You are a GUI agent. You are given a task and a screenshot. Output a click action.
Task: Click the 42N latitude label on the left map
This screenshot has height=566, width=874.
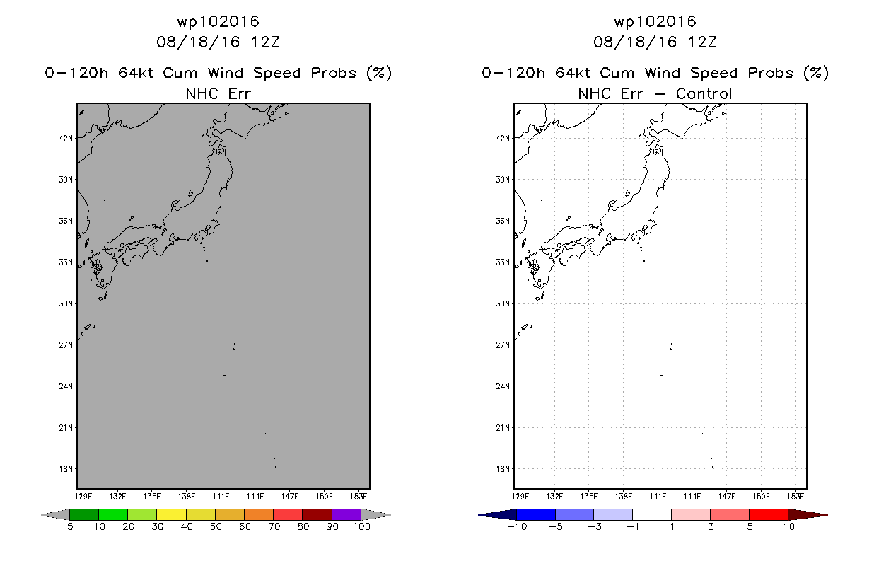66,138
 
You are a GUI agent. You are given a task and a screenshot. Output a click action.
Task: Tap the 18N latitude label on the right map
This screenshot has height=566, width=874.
503,469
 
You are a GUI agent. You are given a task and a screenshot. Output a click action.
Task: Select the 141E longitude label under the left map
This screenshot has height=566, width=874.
221,497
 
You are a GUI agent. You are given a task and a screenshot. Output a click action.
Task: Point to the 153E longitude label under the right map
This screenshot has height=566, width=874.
796,497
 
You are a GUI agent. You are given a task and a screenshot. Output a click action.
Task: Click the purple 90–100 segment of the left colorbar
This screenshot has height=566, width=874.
346,514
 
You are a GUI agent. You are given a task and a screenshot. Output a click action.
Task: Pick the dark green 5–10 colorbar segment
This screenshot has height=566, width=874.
84,514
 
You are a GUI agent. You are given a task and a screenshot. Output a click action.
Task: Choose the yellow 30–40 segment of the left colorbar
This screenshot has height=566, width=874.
172,514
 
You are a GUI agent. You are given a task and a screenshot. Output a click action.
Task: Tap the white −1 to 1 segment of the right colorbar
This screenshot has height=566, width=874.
652,514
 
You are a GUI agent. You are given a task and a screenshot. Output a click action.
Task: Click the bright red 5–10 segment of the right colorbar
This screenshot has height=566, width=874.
769,514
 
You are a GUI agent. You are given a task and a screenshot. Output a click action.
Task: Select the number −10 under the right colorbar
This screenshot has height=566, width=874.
517,526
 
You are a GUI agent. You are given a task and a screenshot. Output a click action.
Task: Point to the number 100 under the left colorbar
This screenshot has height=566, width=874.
362,526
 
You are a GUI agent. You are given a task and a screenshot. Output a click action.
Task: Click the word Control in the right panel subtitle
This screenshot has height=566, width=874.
704,93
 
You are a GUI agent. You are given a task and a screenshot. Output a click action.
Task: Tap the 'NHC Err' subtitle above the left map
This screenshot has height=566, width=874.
218,93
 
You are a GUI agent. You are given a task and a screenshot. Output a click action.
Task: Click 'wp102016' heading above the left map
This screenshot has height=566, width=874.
218,22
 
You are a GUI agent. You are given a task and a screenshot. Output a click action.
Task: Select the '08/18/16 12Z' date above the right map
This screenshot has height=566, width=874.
655,42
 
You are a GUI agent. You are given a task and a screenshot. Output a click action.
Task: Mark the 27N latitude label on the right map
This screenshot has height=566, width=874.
503,345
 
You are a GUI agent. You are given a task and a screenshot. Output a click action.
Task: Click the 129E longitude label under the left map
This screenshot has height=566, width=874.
83,497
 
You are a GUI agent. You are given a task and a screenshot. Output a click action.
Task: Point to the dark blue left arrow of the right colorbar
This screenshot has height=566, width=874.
497,515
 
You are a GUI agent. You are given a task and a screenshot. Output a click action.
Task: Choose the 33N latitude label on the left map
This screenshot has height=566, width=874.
66,262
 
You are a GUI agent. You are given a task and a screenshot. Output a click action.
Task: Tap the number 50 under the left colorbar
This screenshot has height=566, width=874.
216,526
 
